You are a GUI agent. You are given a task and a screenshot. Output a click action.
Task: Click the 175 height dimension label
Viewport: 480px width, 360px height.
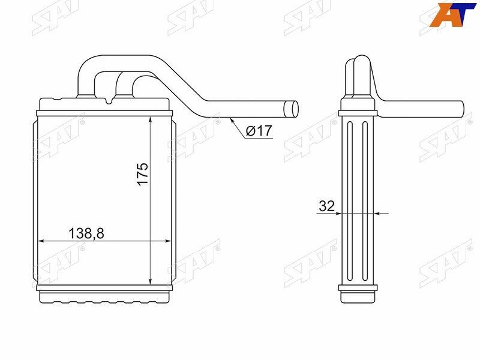click(142, 173)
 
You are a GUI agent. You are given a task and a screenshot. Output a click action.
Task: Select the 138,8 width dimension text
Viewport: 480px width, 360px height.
click(86, 233)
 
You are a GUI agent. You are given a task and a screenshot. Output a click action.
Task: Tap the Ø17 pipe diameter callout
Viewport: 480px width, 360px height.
click(259, 131)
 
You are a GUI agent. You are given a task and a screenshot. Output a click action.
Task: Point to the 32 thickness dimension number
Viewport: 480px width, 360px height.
click(326, 206)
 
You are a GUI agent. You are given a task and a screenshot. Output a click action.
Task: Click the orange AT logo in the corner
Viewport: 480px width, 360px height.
click(452, 14)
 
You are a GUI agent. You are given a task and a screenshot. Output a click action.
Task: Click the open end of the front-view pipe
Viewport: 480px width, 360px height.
click(291, 109)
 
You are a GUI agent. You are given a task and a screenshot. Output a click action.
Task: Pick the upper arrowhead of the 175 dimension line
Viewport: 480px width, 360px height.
click(151, 120)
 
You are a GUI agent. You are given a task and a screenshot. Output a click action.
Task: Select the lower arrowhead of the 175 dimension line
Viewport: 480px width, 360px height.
click(151, 281)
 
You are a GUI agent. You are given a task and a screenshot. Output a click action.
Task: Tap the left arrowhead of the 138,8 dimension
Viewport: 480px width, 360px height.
click(41, 241)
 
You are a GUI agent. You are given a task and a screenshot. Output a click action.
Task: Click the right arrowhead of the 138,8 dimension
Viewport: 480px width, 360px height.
click(167, 241)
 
